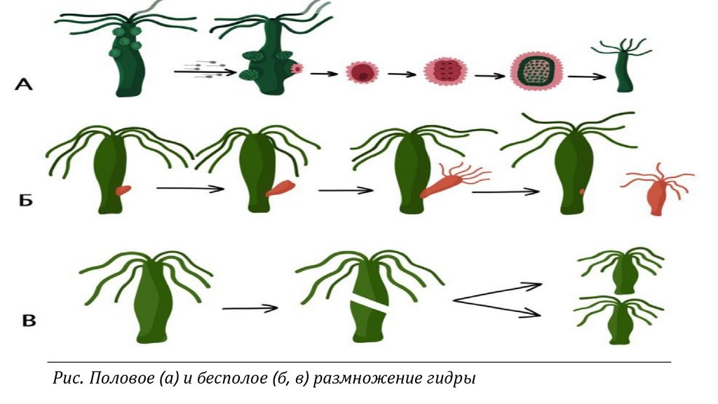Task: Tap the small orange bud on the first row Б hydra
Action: click(x=123, y=189)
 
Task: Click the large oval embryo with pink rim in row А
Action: click(x=536, y=73)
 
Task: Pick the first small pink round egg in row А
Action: click(x=363, y=72)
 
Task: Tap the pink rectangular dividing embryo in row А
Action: click(x=445, y=72)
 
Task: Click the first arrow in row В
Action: click(x=250, y=308)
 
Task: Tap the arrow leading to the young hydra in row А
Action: click(x=587, y=76)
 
